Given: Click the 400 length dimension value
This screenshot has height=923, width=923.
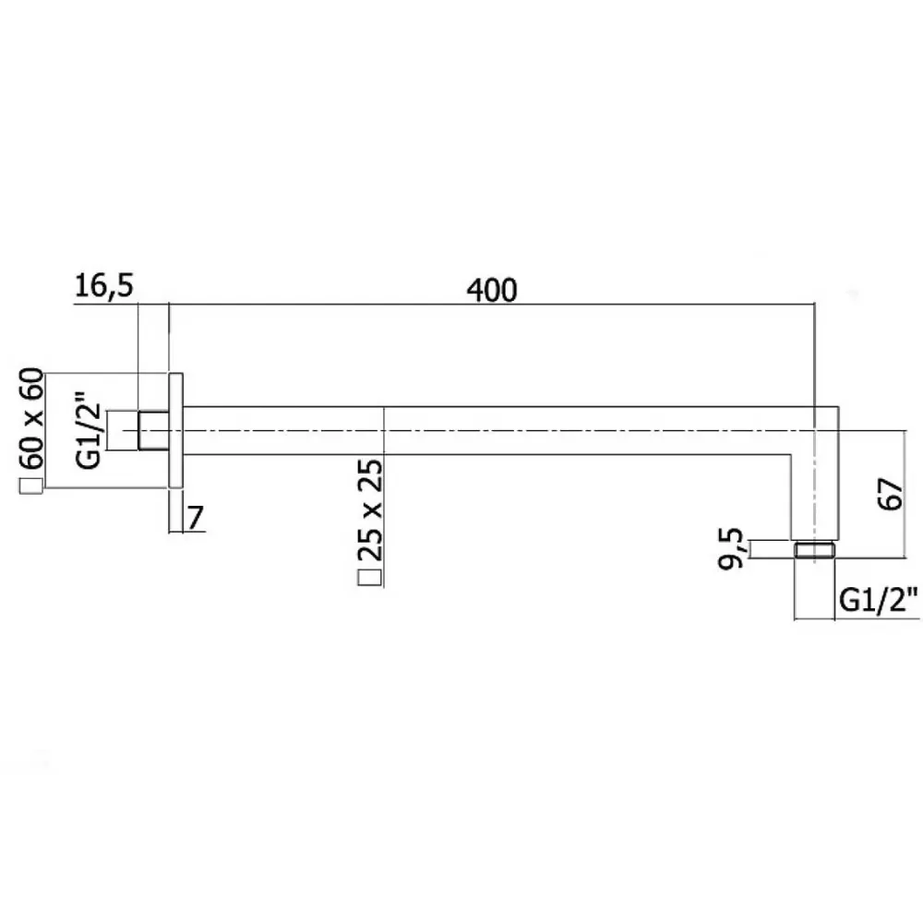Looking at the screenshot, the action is (x=492, y=290).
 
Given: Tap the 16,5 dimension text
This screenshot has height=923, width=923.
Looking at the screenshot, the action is (x=104, y=286).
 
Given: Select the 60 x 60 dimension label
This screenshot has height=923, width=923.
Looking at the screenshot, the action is (x=32, y=418).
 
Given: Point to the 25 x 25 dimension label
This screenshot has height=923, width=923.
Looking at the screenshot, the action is (x=370, y=509).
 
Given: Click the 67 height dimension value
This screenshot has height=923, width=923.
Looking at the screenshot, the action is (x=890, y=494).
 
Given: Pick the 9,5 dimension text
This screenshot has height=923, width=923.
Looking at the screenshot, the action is (x=732, y=548).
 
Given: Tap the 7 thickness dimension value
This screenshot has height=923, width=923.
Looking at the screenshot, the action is (x=196, y=518).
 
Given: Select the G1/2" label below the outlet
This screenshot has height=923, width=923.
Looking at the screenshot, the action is (x=879, y=600).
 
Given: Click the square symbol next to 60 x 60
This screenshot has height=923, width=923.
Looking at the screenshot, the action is (x=31, y=486).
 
